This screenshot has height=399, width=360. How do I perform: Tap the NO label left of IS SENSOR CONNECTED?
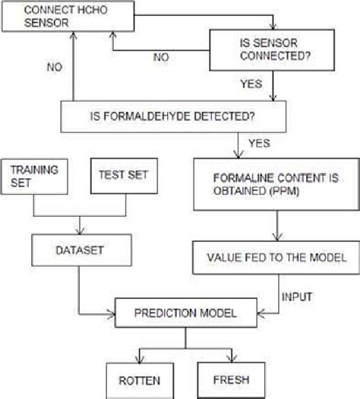(x=162, y=57)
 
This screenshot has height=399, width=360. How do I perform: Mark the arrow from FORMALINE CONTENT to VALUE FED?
(x=275, y=225)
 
